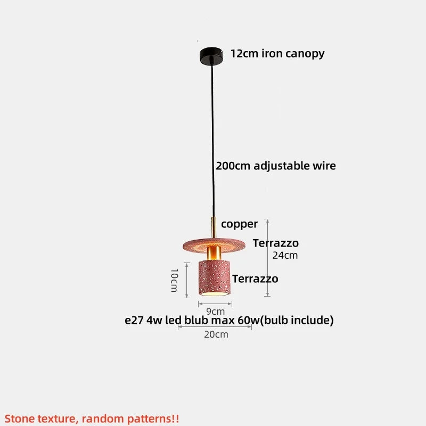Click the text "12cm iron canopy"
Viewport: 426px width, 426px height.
click(x=277, y=53)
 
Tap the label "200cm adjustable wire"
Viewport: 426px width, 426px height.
click(x=275, y=166)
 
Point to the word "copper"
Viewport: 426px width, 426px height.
click(x=239, y=224)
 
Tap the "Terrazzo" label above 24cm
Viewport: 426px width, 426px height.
click(x=275, y=243)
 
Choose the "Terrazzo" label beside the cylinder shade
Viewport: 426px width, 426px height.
click(x=255, y=278)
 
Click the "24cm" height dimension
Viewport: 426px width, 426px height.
click(x=285, y=255)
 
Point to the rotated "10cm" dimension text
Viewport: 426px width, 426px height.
click(x=174, y=280)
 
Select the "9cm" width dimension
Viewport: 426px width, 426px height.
click(x=215, y=311)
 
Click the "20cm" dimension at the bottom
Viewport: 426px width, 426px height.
click(x=215, y=334)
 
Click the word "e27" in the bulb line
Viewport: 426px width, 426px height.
click(x=134, y=320)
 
